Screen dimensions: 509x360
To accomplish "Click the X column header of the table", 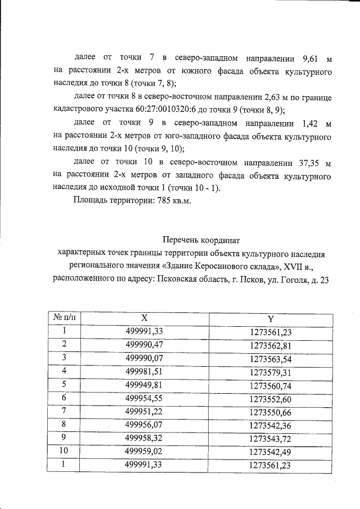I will (x=145, y=318).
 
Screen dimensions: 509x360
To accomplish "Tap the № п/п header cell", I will (x=63, y=318).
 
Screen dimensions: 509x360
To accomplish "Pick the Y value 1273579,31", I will (x=271, y=371).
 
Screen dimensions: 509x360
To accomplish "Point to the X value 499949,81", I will (x=145, y=384).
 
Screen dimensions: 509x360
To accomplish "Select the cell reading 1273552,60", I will (x=271, y=398).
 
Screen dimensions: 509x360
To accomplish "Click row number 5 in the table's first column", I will (x=65, y=384).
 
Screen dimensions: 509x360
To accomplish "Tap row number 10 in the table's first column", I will (x=65, y=451).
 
